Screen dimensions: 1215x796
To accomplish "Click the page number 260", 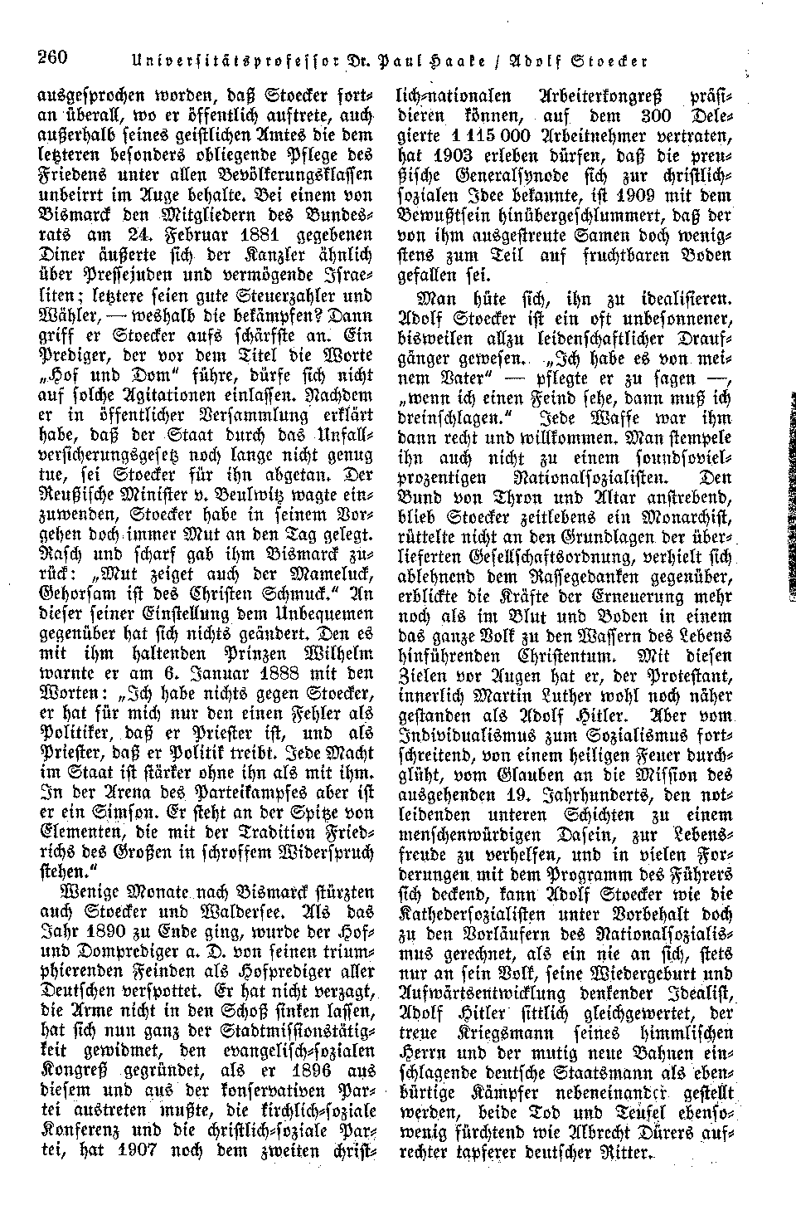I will pos(51,57).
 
